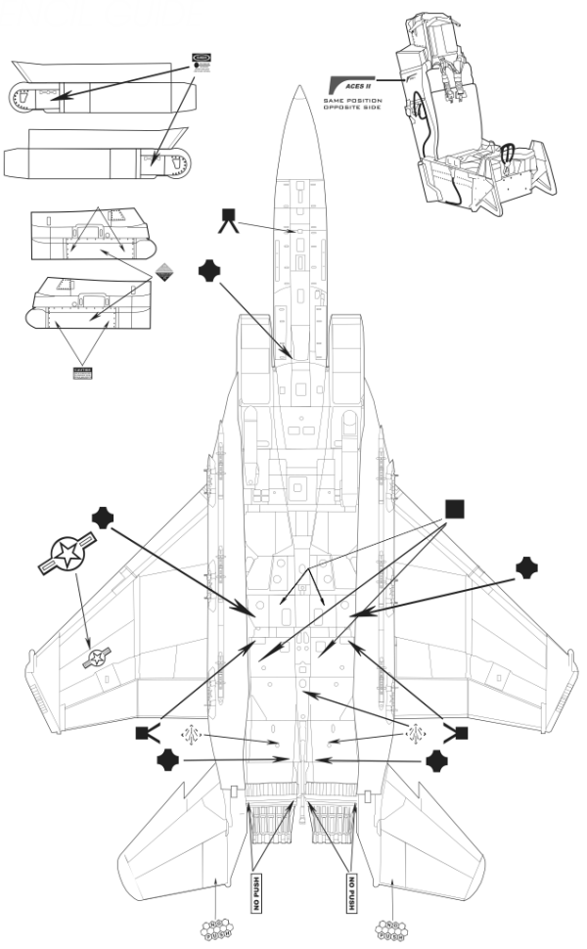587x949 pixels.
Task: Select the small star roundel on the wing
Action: tap(95, 659)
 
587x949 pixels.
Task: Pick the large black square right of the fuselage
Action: tap(454, 509)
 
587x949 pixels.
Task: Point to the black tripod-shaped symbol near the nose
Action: tap(230, 220)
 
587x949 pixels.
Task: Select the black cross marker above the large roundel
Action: tap(103, 520)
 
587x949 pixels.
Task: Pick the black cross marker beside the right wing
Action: tap(526, 567)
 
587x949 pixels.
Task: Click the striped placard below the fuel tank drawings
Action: tap(83, 373)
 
